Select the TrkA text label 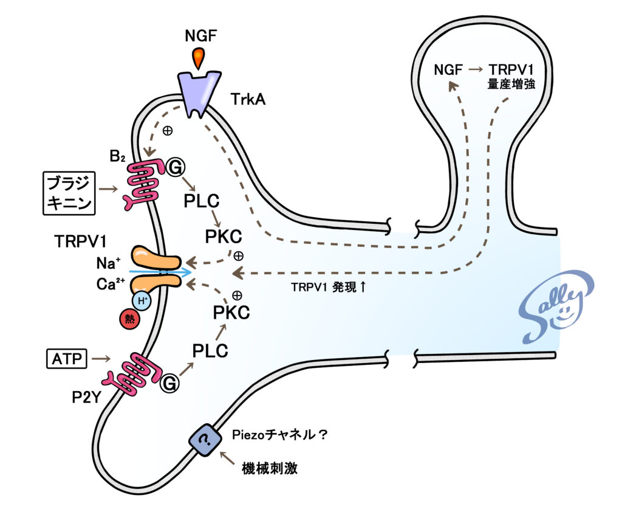pos(248,99)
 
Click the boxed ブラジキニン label pos(69,193)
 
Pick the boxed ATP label pos(67,359)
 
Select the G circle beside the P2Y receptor pos(169,384)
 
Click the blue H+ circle pos(142,300)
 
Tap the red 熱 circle pos(130,319)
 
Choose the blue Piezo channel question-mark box pos(205,440)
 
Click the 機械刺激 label pos(270,468)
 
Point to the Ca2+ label pos(111,284)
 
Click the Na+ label pos(108,263)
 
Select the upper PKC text pos(224,237)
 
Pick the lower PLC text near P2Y pos(210,351)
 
